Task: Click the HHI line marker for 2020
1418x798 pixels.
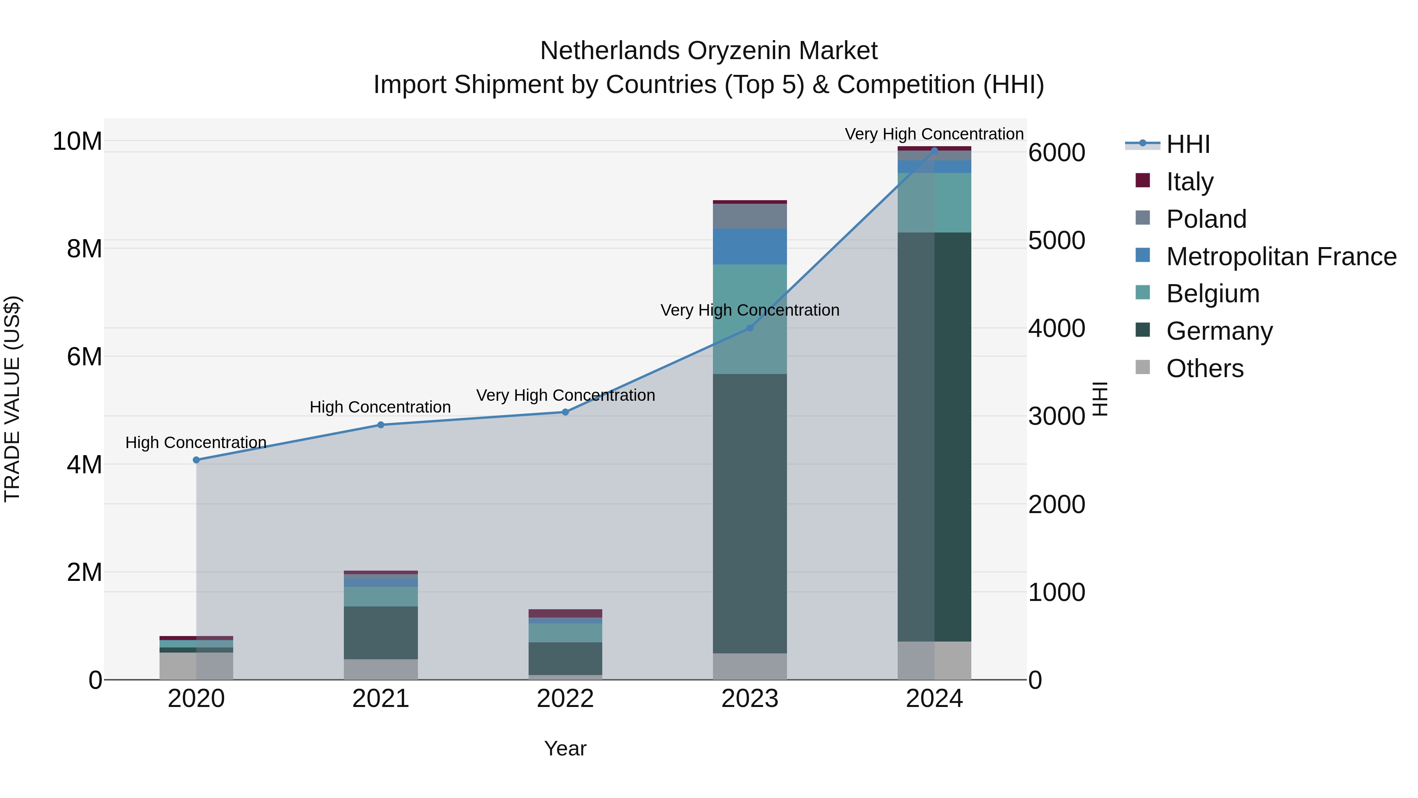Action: coord(196,460)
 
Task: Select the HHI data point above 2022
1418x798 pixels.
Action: coord(565,412)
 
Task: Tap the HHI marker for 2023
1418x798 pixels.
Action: coord(750,328)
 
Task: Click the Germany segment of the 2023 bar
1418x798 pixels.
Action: coord(750,512)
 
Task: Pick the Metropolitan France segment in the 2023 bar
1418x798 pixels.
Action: coord(750,246)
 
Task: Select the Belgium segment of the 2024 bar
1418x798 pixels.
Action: coord(934,202)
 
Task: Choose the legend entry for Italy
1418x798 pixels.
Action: coord(1189,182)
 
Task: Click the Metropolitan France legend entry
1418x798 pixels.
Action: coord(1281,257)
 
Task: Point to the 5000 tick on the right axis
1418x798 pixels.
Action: coord(1056,241)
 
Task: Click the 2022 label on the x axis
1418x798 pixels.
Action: coord(565,699)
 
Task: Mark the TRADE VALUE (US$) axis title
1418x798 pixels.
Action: coord(12,399)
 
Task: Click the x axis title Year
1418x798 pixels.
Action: coord(565,748)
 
